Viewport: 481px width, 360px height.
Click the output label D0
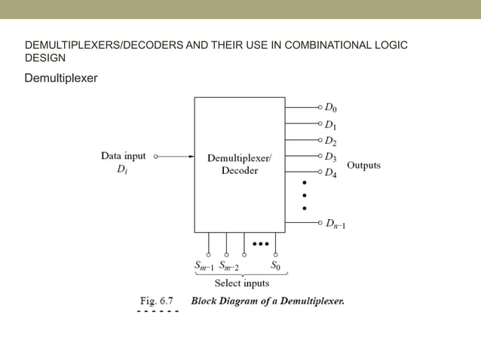[332, 107]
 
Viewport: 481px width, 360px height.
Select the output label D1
[332, 124]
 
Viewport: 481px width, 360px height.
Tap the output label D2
[332, 141]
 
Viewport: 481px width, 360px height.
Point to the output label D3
[332, 157]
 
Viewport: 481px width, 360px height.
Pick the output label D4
[332, 173]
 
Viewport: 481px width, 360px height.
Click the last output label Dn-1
[335, 223]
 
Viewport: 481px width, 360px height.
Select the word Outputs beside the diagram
[363, 165]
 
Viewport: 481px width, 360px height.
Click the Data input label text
[123, 157]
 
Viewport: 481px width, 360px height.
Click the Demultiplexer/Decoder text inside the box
[240, 164]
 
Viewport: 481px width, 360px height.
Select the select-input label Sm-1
[204, 266]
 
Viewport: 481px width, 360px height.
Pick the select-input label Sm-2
[228, 266]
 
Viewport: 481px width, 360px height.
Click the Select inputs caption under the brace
[241, 283]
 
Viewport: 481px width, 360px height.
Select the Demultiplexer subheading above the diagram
[61, 78]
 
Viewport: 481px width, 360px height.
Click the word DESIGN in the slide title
[45, 58]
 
